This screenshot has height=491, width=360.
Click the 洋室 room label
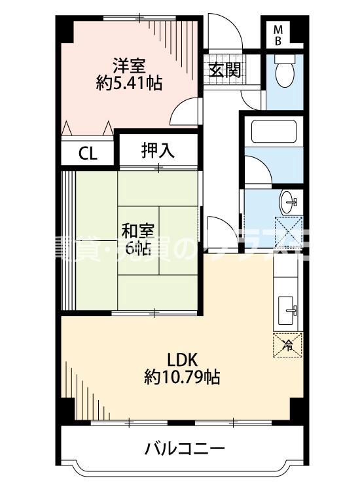128,65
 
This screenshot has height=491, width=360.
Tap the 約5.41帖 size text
128,83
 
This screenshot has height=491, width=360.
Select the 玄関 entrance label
224,70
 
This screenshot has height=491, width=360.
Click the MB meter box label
278,34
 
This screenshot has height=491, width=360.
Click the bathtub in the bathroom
274,132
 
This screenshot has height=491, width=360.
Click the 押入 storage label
158,151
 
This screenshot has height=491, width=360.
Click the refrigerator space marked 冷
287,344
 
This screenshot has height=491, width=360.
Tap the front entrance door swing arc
226,33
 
